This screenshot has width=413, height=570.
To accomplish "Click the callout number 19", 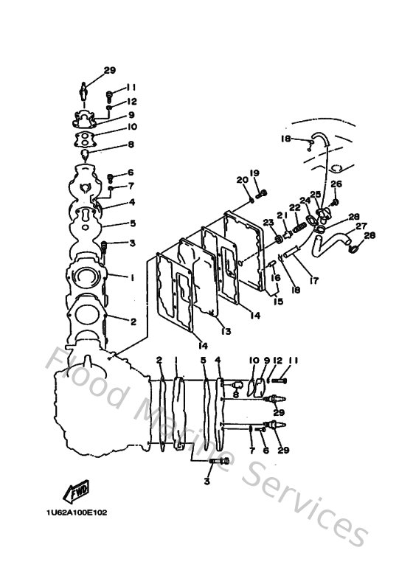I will coord(254,173).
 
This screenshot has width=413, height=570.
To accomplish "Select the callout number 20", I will coord(241,181).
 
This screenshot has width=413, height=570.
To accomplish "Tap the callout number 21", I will coord(281,215).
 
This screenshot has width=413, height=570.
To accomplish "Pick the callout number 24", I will coord(304,200).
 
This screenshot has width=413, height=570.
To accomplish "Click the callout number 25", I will coord(315,193).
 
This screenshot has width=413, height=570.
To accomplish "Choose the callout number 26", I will coord(336,184).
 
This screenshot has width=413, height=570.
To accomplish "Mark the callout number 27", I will coord(361,226).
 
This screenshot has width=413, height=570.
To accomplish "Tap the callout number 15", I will coord(278,301).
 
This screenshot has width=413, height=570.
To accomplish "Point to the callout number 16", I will coord(275,277).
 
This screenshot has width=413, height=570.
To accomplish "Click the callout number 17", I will coord(314,280).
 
